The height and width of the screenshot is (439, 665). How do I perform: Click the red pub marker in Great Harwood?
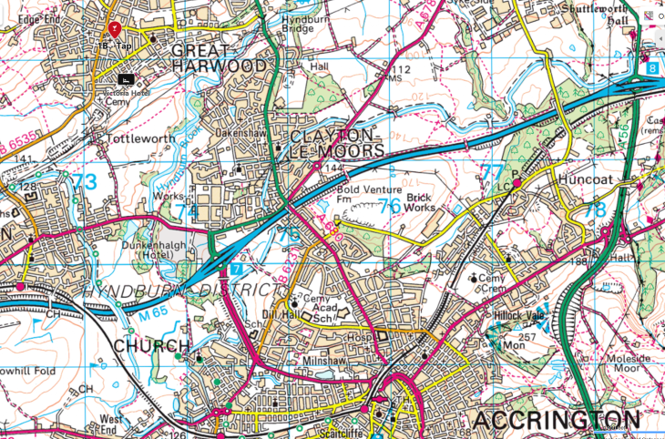click(x=114, y=28)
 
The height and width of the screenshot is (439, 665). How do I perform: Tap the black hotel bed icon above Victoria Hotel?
click(x=123, y=80)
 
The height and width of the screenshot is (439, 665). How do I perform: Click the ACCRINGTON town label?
click(x=556, y=420)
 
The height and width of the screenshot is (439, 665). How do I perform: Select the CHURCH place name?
click(x=152, y=346)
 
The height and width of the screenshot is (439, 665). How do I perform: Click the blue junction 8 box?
click(x=653, y=68)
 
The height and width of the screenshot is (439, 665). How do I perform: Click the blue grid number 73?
click(x=84, y=182)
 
